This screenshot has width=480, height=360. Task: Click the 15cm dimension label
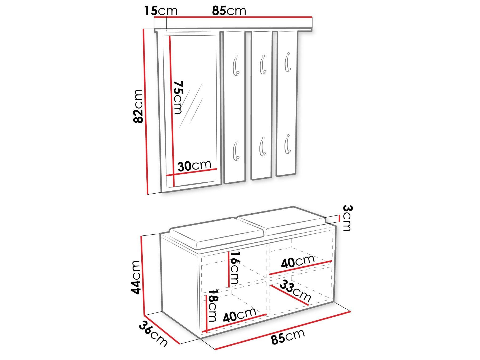[161, 11]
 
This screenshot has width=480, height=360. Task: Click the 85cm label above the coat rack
[229, 11]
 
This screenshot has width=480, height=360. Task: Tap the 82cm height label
[139, 110]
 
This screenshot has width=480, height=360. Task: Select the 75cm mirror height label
[178, 97]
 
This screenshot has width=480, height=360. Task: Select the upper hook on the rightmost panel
[287, 62]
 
